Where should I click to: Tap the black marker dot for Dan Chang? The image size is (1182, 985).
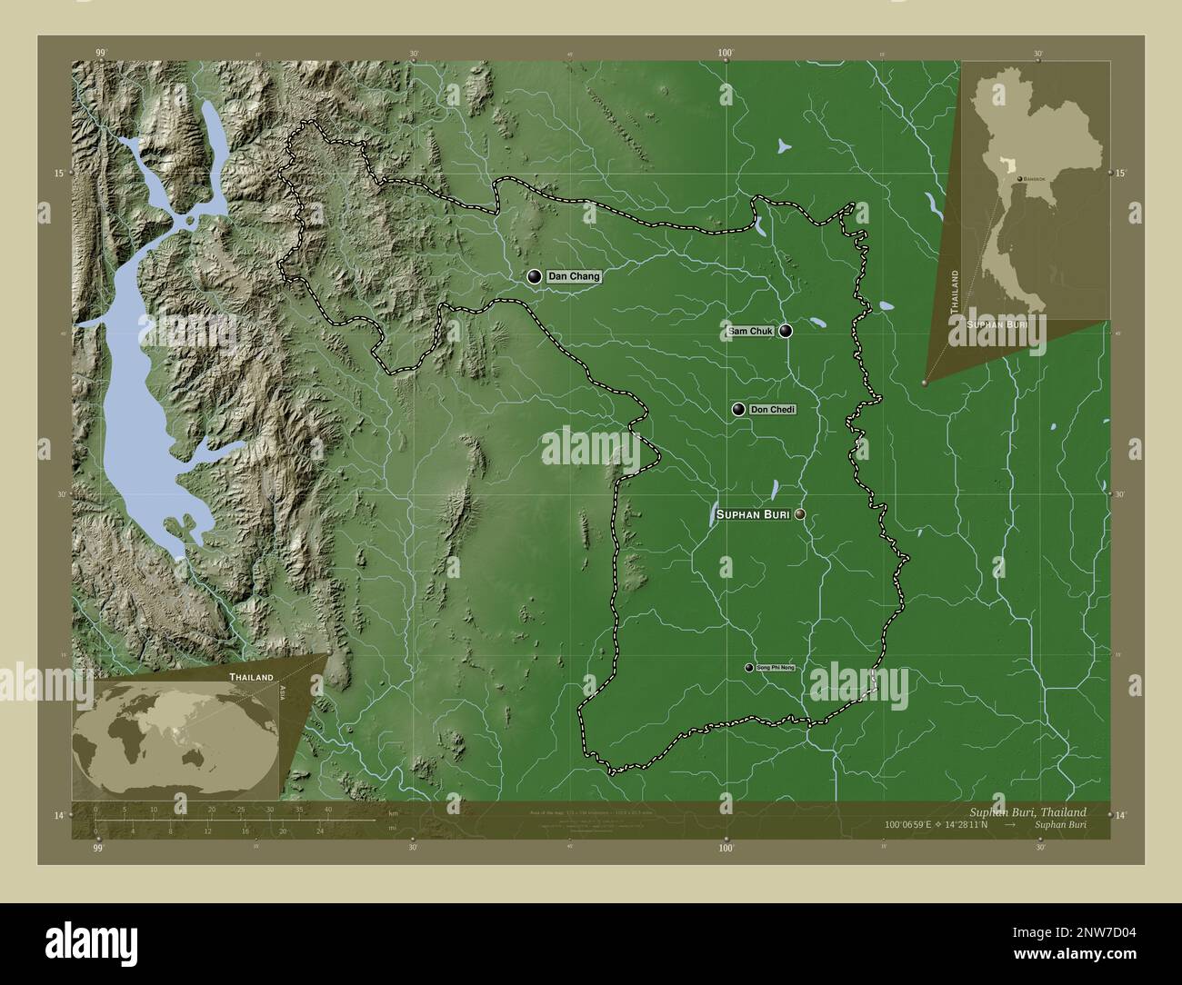click(x=534, y=276)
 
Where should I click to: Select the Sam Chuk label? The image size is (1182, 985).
click(x=750, y=332)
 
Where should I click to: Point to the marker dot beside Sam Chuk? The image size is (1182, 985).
click(x=785, y=332)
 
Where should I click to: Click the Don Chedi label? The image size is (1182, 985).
click(x=772, y=410)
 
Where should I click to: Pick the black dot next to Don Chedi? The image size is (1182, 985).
click(x=737, y=410)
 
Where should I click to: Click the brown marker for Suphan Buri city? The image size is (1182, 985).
click(x=799, y=515)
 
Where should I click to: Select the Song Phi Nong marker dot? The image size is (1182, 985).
click(x=749, y=668)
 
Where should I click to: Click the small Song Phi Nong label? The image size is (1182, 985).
click(x=775, y=668)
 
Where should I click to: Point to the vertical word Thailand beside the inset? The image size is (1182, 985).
click(x=954, y=292)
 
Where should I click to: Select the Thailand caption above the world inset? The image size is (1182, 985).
click(x=251, y=678)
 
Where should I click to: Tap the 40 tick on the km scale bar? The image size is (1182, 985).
click(x=327, y=810)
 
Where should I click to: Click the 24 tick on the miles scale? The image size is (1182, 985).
click(x=318, y=831)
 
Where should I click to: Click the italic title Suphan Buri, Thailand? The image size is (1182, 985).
click(x=1027, y=811)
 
